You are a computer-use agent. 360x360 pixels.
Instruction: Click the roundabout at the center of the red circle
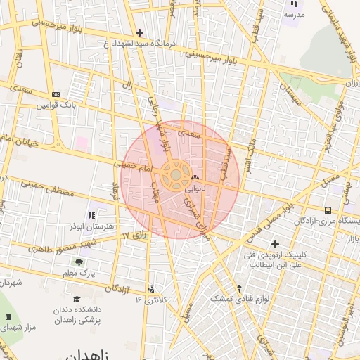tap(175, 175)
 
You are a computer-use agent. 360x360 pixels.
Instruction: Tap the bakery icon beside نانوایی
tap(195, 177)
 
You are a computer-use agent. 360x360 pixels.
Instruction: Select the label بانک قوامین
tap(55, 105)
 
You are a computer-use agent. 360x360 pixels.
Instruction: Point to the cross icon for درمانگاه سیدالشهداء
tap(139, 32)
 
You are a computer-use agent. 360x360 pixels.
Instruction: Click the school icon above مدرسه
tap(293, 4)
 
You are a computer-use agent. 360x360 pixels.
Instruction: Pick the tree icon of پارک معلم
tap(87, 262)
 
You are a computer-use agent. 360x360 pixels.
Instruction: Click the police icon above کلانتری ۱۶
tap(152, 288)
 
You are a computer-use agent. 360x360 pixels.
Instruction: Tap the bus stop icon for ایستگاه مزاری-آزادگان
tap(328, 210)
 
